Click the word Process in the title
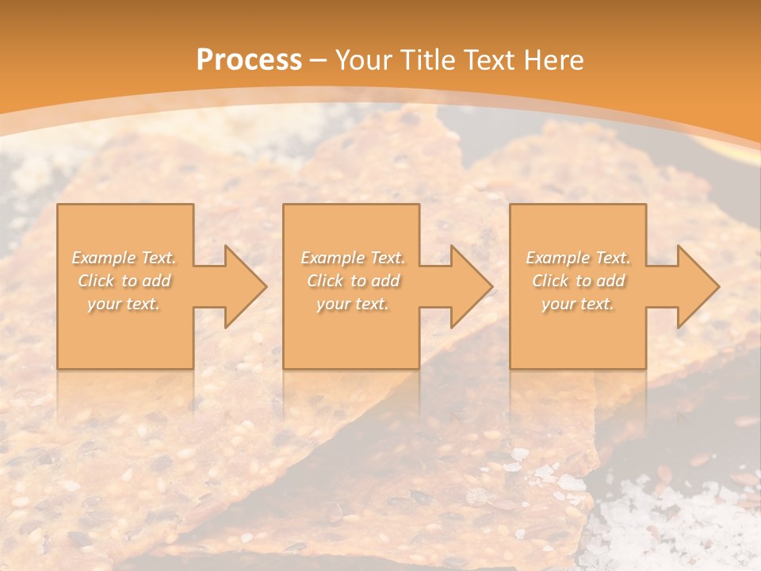pyautogui.click(x=249, y=59)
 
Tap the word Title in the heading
pyautogui.click(x=429, y=59)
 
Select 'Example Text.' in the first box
pyautogui.click(x=124, y=258)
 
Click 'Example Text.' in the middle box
pyautogui.click(x=353, y=258)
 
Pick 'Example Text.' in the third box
pyautogui.click(x=578, y=258)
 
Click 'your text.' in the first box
pyautogui.click(x=124, y=304)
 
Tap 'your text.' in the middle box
pyautogui.click(x=352, y=304)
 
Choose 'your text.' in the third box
pyautogui.click(x=577, y=304)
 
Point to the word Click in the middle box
pyautogui.click(x=325, y=281)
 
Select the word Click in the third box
pyautogui.click(x=550, y=281)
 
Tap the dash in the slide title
pyautogui.click(x=319, y=60)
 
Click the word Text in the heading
pyautogui.click(x=490, y=59)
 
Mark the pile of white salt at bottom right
pyautogui.click(x=682, y=523)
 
